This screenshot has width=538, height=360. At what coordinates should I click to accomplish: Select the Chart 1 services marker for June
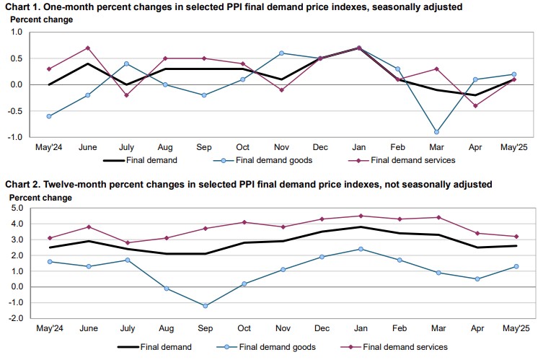click(87, 48)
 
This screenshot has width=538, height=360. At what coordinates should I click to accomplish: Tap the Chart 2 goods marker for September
click(205, 306)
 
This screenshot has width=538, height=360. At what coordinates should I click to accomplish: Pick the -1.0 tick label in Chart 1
click(15, 136)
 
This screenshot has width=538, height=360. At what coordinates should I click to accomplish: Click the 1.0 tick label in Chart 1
click(16, 32)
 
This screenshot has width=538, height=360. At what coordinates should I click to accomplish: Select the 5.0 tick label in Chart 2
click(16, 208)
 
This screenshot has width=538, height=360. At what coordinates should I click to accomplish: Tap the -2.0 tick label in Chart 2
click(15, 318)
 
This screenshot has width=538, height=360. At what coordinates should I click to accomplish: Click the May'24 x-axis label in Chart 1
click(48, 147)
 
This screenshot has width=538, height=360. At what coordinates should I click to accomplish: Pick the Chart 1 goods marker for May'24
click(48, 116)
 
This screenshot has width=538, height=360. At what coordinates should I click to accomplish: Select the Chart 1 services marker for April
click(475, 105)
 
